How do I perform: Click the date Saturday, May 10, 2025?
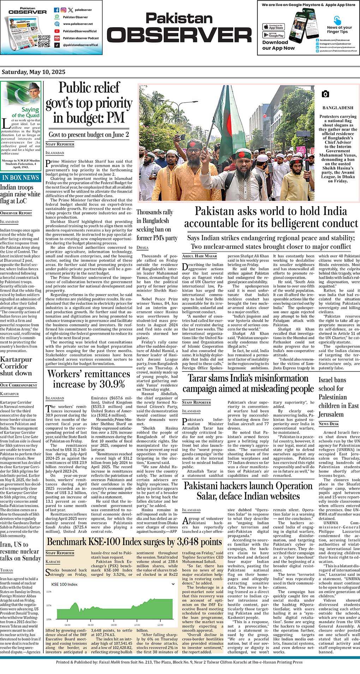[x=34, y=72]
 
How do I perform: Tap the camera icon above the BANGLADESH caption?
[x=325, y=94]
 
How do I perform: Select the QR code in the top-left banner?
[x=44, y=41]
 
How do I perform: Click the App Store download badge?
[x=274, y=27]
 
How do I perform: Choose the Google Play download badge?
[x=274, y=35]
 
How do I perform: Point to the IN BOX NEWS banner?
[x=20, y=177]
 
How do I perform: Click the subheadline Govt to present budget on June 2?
[x=89, y=134]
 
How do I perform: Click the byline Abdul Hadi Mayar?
[x=199, y=256]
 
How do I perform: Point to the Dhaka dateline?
[x=143, y=248]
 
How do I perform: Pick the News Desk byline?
[x=329, y=423]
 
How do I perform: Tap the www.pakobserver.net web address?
[x=78, y=24]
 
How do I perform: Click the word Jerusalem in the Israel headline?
[x=331, y=414]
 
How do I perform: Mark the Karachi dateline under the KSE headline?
[x=53, y=561]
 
